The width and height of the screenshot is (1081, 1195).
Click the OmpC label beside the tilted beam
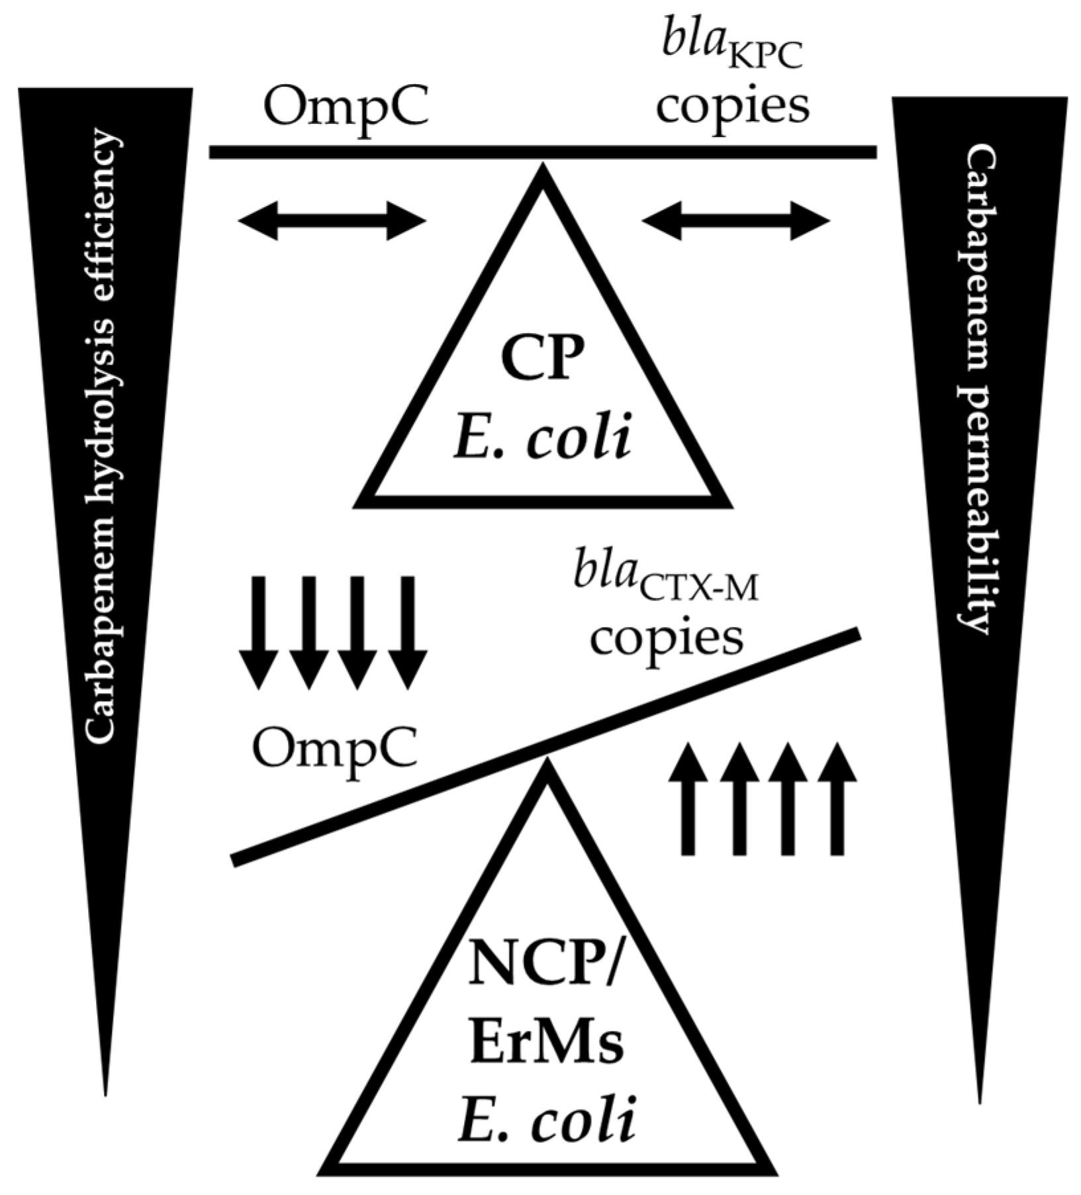pos(335,751)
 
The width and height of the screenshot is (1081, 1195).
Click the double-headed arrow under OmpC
pos(331,221)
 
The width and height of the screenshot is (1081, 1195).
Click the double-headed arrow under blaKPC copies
pos(735,221)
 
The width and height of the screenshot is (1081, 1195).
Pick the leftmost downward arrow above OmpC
pos(259,632)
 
